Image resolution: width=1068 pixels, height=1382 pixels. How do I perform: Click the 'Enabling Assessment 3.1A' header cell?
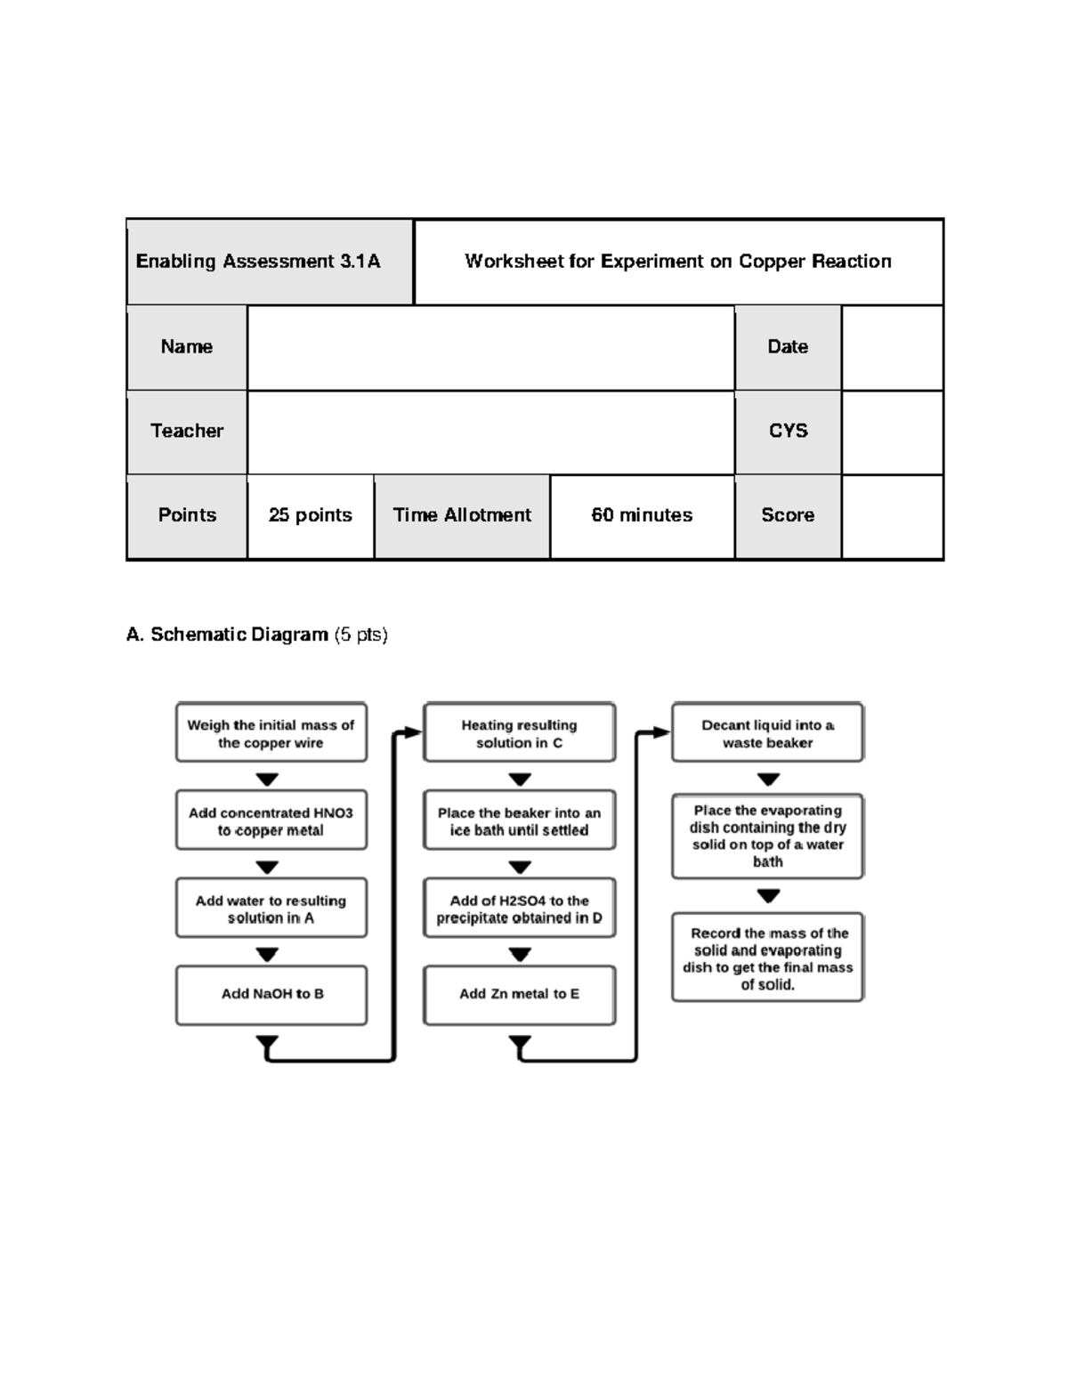point(269,262)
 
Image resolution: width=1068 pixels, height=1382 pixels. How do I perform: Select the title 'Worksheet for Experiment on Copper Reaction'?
point(677,262)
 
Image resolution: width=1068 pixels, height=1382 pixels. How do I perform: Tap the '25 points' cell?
point(310,515)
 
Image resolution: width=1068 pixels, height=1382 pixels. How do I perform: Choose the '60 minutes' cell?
point(642,515)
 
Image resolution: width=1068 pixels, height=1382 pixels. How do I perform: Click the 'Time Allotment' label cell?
point(462,515)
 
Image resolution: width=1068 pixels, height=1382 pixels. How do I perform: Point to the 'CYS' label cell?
point(788,431)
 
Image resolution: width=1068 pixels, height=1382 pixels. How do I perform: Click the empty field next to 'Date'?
point(892,347)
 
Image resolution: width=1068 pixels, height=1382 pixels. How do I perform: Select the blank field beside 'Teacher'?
point(490,432)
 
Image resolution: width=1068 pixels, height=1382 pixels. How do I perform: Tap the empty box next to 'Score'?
point(892,516)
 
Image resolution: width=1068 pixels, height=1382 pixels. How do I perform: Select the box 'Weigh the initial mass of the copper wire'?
point(271,733)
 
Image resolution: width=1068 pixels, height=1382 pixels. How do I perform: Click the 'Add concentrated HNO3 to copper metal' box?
point(271,820)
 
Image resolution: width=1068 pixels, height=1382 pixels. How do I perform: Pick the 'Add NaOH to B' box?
point(271,994)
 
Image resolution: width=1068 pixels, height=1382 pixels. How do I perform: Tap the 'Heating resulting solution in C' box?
point(519,733)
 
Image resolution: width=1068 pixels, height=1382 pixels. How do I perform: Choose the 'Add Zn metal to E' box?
point(519,994)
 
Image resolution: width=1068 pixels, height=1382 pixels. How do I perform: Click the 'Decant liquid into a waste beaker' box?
point(767,733)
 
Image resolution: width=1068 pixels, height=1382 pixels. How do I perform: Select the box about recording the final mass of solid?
point(767,958)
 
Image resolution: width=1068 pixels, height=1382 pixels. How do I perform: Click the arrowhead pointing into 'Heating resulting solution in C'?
point(412,732)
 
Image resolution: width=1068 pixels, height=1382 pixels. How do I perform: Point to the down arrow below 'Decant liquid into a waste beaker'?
point(768,780)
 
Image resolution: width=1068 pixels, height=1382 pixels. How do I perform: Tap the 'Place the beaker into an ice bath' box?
point(519,820)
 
